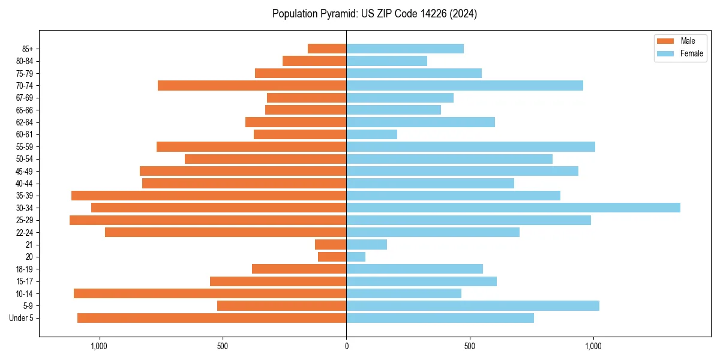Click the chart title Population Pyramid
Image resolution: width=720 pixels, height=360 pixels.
tap(374, 14)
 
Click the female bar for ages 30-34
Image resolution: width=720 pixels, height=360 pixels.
tap(513, 208)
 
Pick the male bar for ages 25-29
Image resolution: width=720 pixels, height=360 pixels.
tap(208, 220)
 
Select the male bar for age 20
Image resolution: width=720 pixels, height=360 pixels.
tap(332, 257)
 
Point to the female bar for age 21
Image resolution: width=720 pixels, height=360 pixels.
tap(367, 245)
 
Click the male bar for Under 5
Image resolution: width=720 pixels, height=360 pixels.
tap(212, 318)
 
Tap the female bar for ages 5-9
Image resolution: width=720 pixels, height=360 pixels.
tap(473, 306)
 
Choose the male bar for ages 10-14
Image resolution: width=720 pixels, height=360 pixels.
tap(210, 293)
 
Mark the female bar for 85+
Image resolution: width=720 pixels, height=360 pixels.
tap(405, 49)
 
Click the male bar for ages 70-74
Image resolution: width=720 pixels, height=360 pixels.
tap(252, 85)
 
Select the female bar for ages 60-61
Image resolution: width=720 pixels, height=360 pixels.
tap(371, 134)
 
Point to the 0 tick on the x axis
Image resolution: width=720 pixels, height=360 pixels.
tap(346, 346)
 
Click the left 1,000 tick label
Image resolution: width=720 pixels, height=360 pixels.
tap(99, 346)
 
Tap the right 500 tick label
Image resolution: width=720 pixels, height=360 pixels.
tap(470, 346)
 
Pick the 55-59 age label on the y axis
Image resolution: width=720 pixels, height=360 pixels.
tap(25, 146)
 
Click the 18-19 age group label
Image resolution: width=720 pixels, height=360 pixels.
tap(25, 269)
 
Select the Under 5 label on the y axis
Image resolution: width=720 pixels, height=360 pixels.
tap(22, 318)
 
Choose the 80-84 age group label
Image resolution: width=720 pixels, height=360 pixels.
tap(25, 61)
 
